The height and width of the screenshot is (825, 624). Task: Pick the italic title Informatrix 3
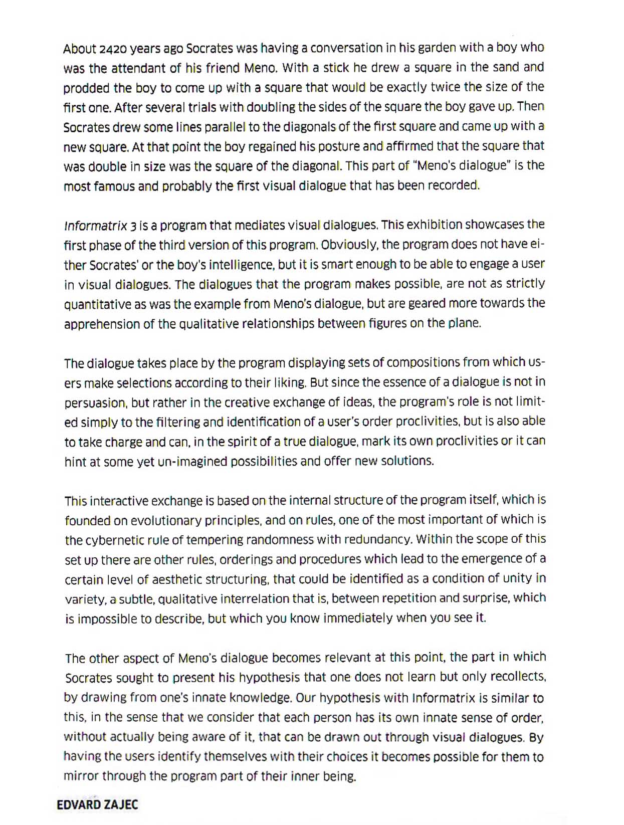[100, 226]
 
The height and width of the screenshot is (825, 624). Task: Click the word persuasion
[95, 403]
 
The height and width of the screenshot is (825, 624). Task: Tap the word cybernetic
[115, 540]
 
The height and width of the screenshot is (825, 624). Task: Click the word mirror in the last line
[81, 776]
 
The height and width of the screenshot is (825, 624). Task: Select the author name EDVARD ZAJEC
[97, 805]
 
